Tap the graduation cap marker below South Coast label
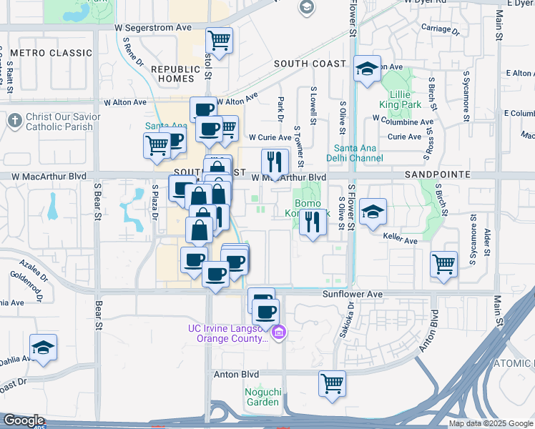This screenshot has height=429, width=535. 367,69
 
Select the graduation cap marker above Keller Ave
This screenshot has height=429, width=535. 373,212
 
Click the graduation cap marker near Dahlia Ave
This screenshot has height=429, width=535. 44,348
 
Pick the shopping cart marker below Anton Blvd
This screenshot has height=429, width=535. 332,383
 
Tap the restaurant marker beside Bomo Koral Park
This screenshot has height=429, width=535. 311,223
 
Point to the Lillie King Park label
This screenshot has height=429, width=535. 405,99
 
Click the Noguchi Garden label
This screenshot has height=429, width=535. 262,396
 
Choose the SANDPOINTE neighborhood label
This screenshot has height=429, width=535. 436,174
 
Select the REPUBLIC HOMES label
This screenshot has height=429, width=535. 172,73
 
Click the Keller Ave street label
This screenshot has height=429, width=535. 401,241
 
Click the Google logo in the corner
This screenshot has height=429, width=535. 23,421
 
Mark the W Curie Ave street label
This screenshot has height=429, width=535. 270,137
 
